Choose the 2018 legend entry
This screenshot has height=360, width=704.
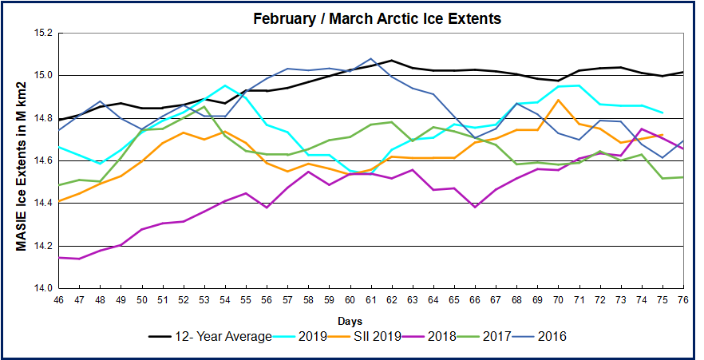(454, 336)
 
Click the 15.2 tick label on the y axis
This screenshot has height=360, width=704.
(43, 34)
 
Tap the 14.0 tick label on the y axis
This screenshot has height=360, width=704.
(43, 288)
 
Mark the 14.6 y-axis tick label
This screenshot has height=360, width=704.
(43, 160)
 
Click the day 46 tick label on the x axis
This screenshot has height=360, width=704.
(58, 300)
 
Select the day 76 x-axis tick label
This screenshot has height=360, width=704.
(683, 300)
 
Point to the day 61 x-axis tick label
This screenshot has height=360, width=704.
(370, 300)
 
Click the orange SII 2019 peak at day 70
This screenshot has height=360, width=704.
(559, 100)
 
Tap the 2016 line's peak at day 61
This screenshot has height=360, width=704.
(371, 58)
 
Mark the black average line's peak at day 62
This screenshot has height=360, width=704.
(392, 60)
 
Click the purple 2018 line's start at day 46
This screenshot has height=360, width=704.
(58, 257)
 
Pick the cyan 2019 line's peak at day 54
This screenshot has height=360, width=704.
(225, 85)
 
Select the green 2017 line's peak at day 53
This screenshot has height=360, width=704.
(204, 106)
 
